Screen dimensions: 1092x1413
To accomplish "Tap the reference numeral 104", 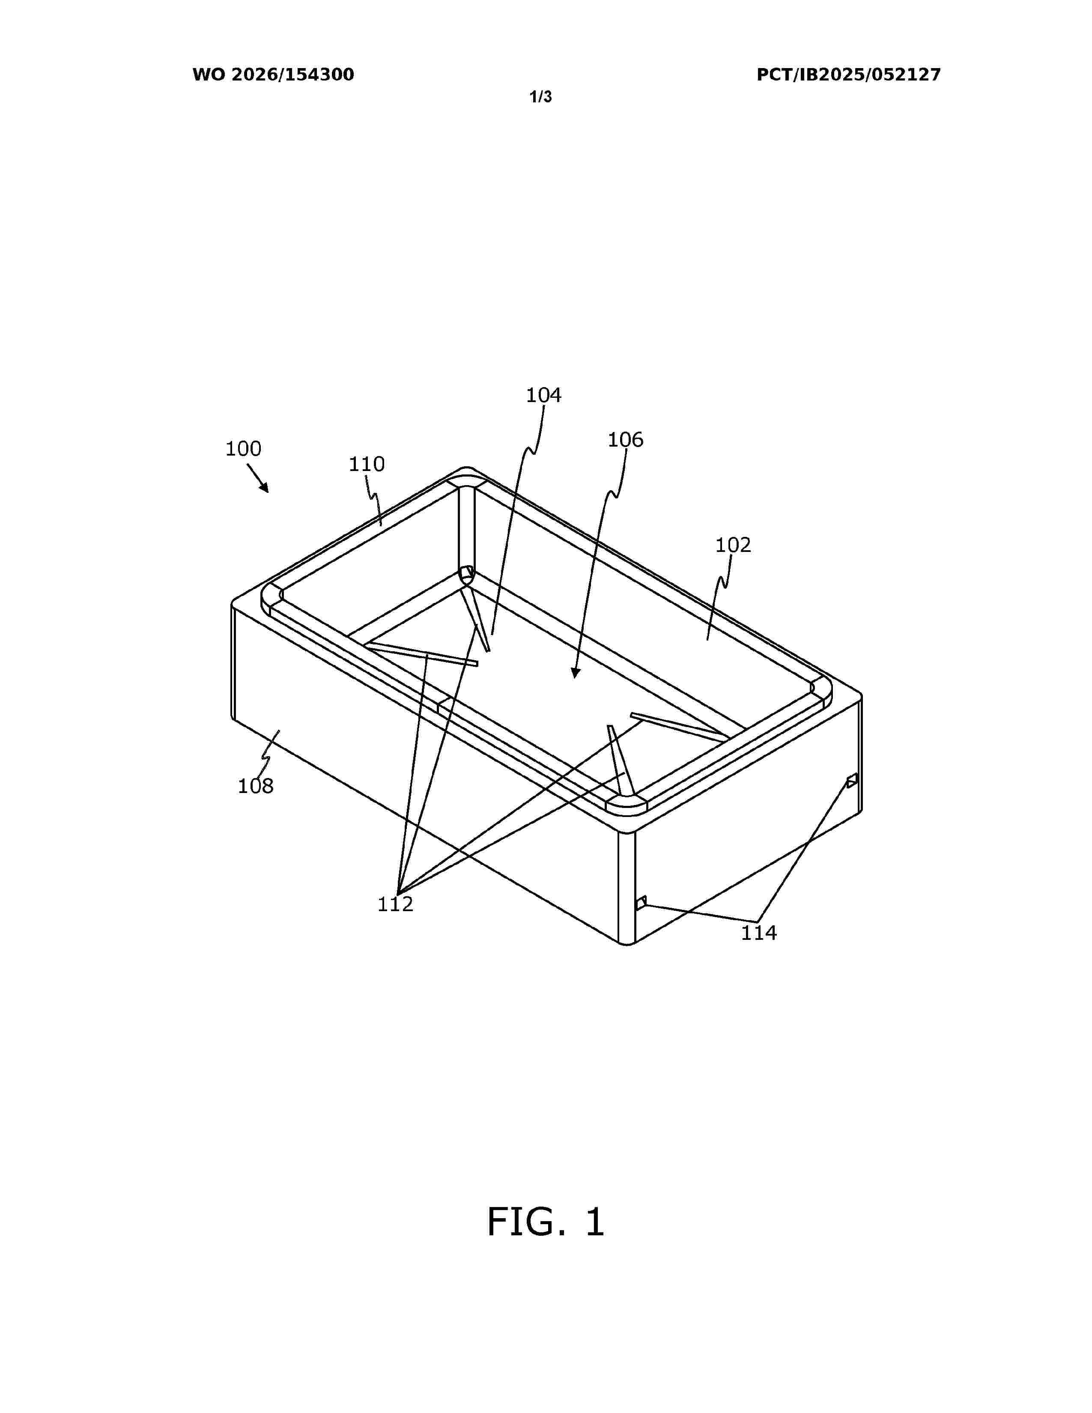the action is coord(543,395).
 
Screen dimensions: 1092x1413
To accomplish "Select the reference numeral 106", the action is coord(626,440).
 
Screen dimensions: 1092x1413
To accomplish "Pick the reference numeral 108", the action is coord(256,786).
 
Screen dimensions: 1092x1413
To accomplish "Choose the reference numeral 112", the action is coord(395,904).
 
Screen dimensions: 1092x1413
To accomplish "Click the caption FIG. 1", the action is coord(545,1222).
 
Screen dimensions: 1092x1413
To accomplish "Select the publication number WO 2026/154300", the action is coord(273,75).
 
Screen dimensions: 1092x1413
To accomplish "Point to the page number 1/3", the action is coord(541,97).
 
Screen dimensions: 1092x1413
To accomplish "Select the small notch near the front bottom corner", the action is coord(641,903).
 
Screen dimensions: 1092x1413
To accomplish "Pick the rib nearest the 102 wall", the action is coord(679,727).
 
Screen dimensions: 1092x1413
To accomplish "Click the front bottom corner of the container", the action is coord(627,944).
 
